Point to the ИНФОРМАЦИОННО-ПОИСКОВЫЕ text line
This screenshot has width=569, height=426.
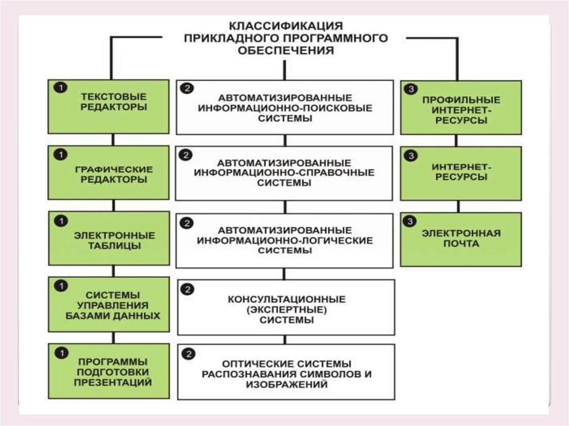click(x=285, y=107)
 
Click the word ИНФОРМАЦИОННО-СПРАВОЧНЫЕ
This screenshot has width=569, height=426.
click(x=284, y=173)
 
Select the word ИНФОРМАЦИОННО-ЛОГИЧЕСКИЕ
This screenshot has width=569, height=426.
click(x=284, y=240)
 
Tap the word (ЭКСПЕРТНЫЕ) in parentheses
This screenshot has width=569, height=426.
click(x=286, y=309)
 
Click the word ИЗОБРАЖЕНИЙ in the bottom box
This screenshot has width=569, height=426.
click(x=286, y=384)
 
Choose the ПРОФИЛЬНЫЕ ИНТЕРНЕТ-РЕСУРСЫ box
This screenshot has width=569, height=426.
click(x=461, y=109)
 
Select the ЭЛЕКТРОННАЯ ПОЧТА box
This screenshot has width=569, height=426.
click(x=461, y=239)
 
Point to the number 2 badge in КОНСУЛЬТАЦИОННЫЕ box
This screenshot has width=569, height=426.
click(x=188, y=289)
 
